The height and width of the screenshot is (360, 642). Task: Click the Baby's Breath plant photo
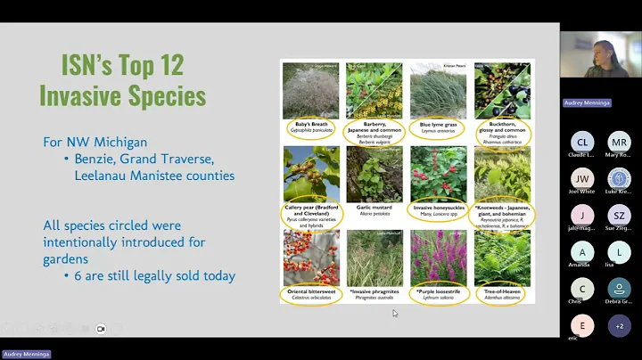[x=311, y=89]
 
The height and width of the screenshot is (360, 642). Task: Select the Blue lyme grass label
[x=439, y=128]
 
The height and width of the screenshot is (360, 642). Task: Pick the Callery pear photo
[x=311, y=175]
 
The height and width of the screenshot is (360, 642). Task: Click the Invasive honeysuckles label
[x=439, y=211]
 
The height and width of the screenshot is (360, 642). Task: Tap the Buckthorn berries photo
[x=502, y=89]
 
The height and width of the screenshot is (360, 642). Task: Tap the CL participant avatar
[x=582, y=142]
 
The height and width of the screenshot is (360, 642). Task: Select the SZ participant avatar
[x=619, y=216]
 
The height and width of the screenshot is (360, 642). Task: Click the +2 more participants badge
[x=619, y=326]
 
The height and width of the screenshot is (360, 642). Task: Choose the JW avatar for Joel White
[x=582, y=178]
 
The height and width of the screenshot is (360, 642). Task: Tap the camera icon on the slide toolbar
[x=100, y=329]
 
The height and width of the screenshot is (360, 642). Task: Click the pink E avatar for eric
[x=582, y=326]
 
